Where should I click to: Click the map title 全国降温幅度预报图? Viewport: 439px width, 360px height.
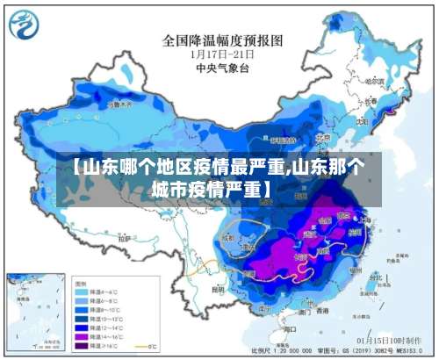tap(222, 40)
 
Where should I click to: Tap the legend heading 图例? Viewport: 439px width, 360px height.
tap(82, 284)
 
